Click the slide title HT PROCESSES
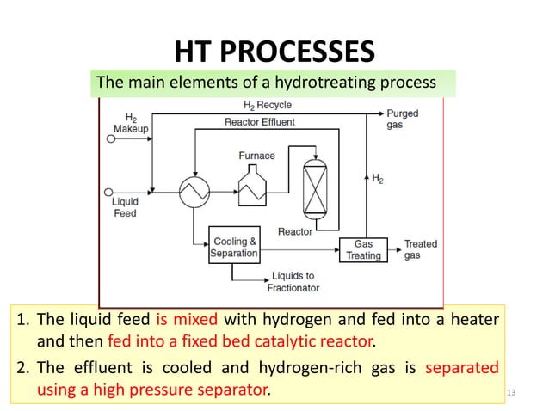click(x=274, y=51)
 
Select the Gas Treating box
click(x=363, y=249)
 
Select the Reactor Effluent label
click(x=259, y=122)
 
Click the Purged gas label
click(x=403, y=119)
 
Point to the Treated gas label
click(x=421, y=249)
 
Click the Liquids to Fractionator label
click(x=294, y=282)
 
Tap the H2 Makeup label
click(x=131, y=122)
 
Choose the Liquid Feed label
click(x=126, y=208)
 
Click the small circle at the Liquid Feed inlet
click(x=108, y=193)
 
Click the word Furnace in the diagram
click(x=256, y=156)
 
